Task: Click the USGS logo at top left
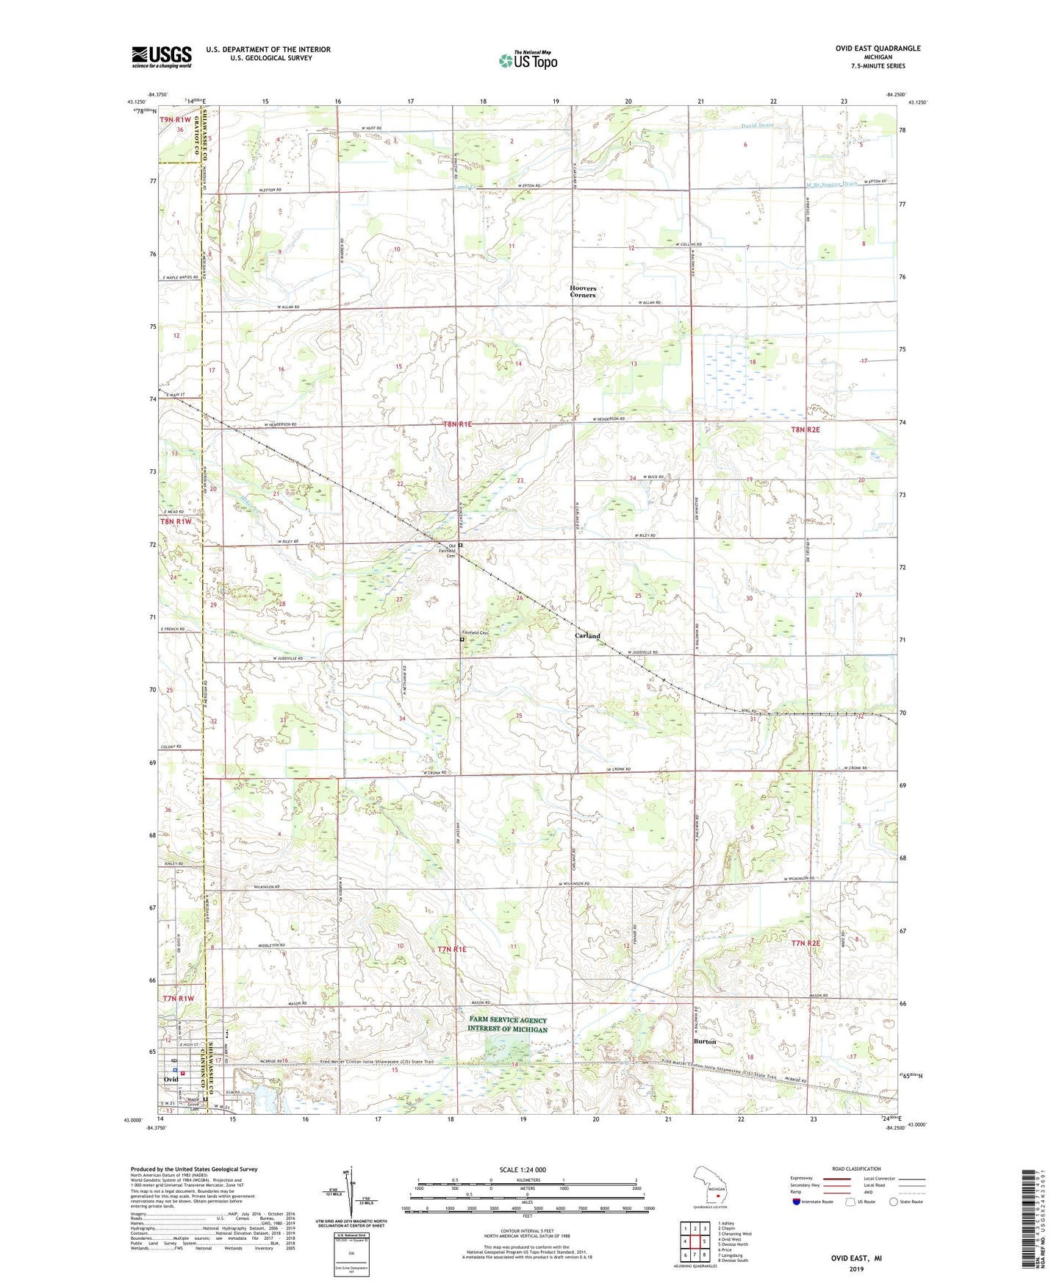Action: [162, 57]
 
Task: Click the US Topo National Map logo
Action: [527, 60]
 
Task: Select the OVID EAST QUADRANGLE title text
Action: [878, 49]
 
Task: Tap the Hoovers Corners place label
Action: [583, 291]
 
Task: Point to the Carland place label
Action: [587, 635]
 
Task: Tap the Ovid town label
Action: [171, 1079]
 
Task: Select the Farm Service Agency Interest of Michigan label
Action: [507, 1024]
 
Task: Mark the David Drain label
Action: [757, 126]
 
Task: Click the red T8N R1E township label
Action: [456, 424]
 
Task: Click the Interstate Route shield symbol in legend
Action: [797, 1202]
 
